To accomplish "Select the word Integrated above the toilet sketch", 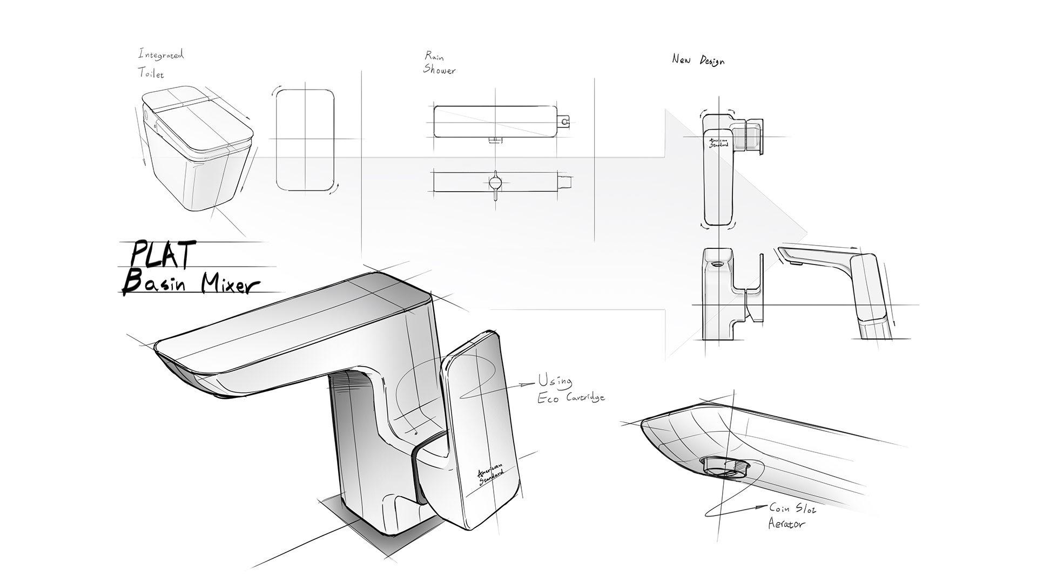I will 161,55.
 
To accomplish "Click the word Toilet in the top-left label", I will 151,73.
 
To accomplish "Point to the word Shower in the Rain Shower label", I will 439,70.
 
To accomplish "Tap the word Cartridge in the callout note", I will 582,398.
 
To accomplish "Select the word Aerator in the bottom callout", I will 787,524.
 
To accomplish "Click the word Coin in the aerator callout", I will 781,508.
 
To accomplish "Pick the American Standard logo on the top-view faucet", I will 719,142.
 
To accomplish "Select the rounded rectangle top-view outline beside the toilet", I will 305,140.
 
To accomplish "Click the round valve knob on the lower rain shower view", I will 495,182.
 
